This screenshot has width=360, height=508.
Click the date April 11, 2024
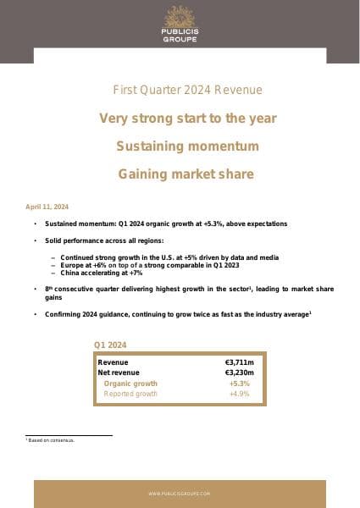(x=48, y=207)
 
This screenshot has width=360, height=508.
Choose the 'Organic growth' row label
(x=130, y=384)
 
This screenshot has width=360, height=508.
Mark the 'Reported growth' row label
(x=130, y=394)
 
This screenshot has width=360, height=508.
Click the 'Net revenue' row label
(x=119, y=373)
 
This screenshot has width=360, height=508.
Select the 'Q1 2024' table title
(x=110, y=345)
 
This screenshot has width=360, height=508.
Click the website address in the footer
(x=179, y=493)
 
